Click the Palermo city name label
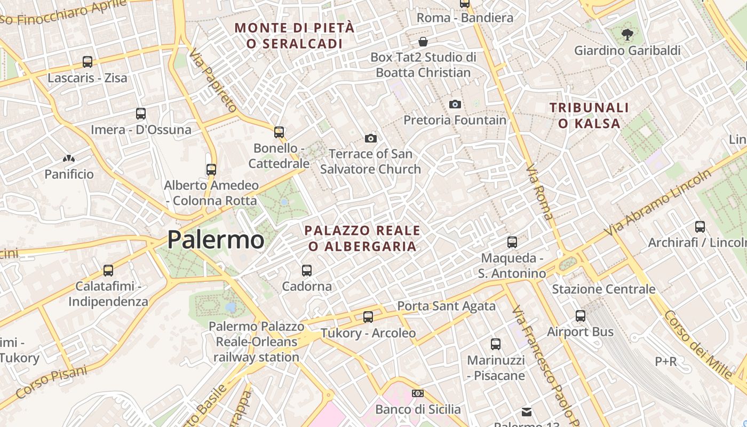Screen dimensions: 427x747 click(216, 240)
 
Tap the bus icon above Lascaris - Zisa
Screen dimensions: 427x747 click(88, 62)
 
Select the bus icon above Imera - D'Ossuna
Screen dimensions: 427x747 click(141, 114)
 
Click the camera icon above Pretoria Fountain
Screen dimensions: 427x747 click(455, 104)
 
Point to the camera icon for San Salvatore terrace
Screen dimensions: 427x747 click(370, 139)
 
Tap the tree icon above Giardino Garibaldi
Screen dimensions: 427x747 click(627, 35)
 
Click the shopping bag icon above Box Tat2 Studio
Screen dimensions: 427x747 click(423, 41)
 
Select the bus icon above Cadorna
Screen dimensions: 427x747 click(307, 271)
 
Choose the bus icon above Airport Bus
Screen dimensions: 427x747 click(581, 316)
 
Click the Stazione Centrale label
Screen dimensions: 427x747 click(603, 289)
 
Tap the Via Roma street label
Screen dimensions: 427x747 click(539, 192)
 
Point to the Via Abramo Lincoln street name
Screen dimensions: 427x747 click(658, 202)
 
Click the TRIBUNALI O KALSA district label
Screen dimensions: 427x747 click(589, 116)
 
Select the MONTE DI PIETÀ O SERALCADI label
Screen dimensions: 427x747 click(295, 36)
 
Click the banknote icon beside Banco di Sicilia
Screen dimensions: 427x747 click(418, 393)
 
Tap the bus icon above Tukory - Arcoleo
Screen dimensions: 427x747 click(368, 317)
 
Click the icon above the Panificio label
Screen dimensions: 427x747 click(69, 159)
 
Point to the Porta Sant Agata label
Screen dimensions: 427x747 click(447, 306)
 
